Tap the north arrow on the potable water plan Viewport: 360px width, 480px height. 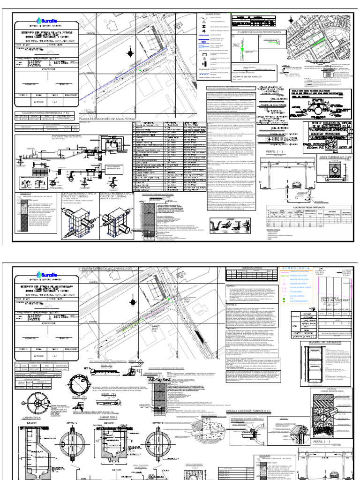pyautogui.click(x=129, y=54)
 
